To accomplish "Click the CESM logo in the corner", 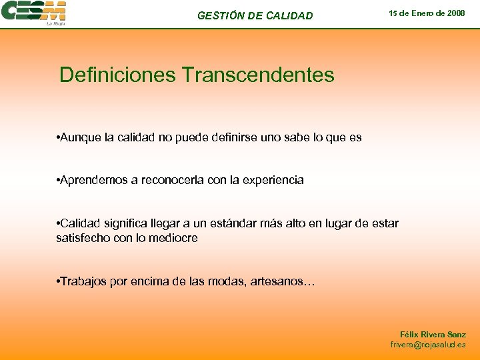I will coord(34,13).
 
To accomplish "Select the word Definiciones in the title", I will coord(117,75).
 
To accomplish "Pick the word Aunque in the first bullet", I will coord(81,137).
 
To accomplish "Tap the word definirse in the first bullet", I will coord(231,137).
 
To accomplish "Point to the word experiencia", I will coord(271,180).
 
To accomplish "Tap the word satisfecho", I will coord(83,238).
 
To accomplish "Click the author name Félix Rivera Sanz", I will coord(433,334).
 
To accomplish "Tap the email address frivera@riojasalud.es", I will coord(428,345).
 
